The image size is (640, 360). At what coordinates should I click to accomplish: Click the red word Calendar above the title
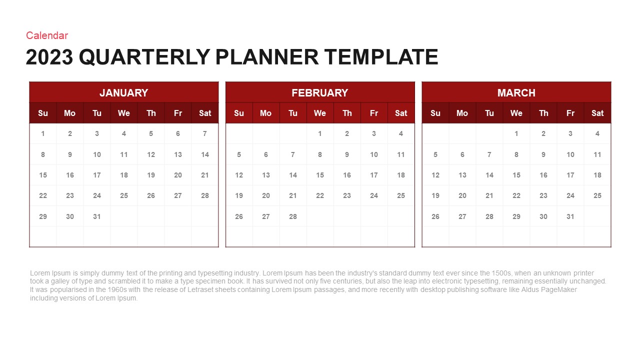[47, 35]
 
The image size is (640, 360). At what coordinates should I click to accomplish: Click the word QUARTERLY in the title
[144, 57]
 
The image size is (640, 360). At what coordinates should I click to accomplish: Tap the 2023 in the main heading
[49, 57]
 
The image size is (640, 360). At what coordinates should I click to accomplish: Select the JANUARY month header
[123, 93]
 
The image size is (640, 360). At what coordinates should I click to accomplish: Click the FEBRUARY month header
[320, 93]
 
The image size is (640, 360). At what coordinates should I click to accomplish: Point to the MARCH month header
[516, 93]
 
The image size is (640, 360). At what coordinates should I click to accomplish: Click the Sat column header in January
[205, 113]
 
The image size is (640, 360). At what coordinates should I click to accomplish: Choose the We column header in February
[319, 113]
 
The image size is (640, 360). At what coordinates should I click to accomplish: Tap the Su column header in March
[435, 113]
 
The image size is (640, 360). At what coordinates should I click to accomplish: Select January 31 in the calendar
[97, 216]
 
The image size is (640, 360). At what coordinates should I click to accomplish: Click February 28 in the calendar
[293, 216]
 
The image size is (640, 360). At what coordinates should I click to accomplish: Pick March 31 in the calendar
[570, 216]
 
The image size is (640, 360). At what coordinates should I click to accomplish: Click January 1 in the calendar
[43, 133]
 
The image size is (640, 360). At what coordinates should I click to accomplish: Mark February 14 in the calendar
[293, 175]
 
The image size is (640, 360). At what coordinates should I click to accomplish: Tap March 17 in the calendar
[570, 175]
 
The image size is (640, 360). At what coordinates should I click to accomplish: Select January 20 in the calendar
[177, 175]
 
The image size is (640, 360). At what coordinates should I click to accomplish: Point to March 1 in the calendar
[516, 133]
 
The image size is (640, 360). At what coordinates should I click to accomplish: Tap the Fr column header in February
[373, 113]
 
